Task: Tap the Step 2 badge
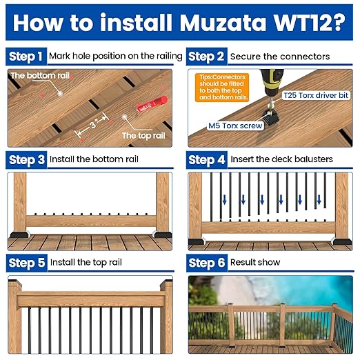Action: (206, 56)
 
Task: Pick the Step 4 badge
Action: (206, 159)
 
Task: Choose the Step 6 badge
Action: (206, 262)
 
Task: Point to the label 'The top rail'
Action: (143, 136)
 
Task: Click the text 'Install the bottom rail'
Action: (94, 159)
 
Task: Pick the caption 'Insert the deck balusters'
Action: (281, 159)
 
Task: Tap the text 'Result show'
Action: (259, 262)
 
